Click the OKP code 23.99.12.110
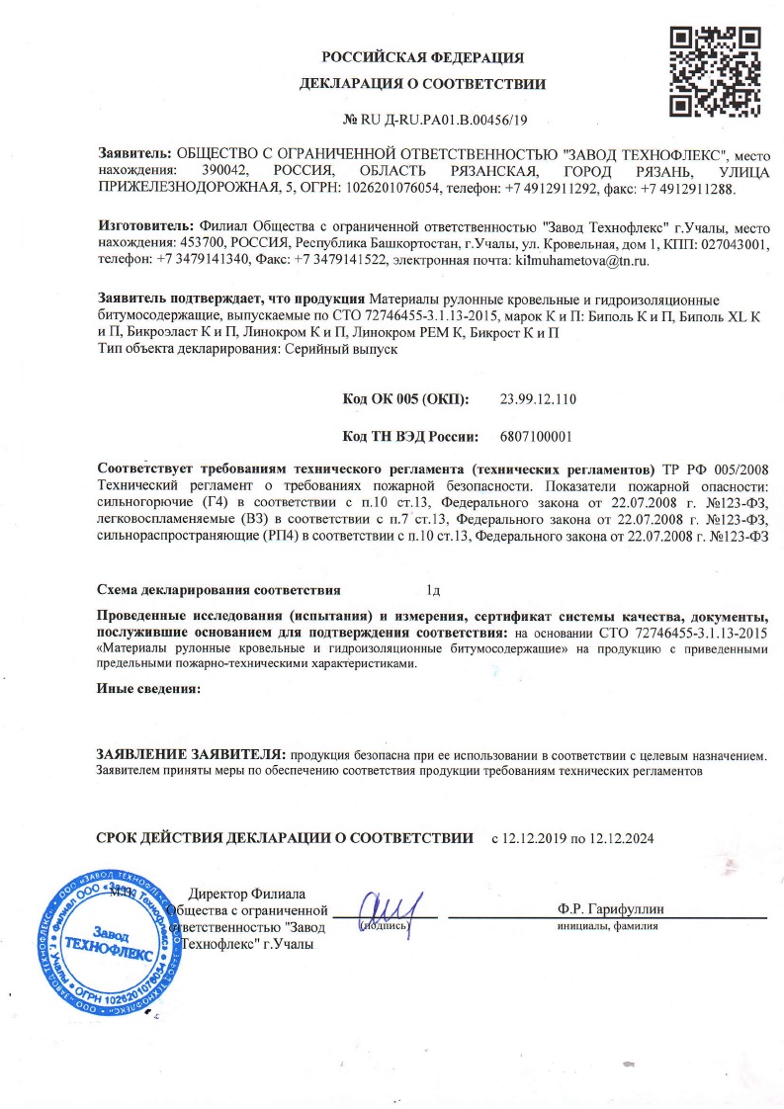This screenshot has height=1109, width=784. [538, 399]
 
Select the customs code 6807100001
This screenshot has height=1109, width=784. [537, 435]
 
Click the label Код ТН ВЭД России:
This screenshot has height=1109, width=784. [410, 435]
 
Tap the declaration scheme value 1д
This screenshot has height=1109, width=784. [431, 591]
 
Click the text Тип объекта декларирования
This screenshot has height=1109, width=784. [188, 349]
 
